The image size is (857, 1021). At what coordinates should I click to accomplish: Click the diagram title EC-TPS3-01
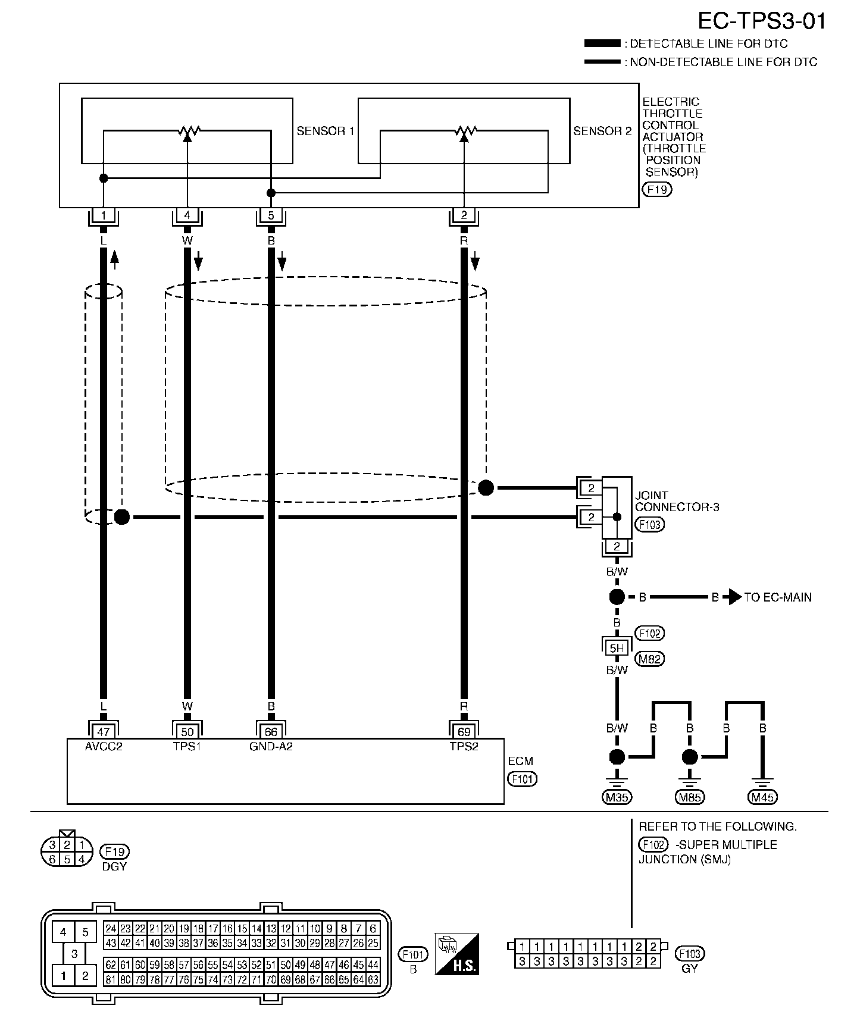[x=762, y=22]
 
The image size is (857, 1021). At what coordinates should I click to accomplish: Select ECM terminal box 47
[x=104, y=731]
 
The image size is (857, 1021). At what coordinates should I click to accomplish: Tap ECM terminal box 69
[x=464, y=731]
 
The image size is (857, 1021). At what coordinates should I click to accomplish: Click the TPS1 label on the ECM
[x=187, y=746]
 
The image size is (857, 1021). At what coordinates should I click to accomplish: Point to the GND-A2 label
[x=271, y=746]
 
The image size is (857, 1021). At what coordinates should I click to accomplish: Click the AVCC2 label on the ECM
[x=104, y=746]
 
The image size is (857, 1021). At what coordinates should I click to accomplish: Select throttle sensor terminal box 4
[x=187, y=215]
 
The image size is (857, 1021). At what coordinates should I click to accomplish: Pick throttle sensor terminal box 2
[x=464, y=215]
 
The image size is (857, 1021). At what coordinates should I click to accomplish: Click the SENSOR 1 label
[x=326, y=131]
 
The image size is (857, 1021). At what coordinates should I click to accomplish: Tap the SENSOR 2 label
[x=602, y=131]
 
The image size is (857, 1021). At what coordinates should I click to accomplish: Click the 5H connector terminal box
[x=617, y=648]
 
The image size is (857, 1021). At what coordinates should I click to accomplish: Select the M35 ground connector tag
[x=617, y=797]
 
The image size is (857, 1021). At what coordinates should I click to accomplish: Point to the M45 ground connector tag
[x=763, y=797]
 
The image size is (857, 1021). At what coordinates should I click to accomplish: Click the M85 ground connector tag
[x=690, y=797]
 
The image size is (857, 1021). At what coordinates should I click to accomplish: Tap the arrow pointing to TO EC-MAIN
[x=734, y=597]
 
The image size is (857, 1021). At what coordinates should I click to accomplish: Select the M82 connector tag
[x=650, y=659]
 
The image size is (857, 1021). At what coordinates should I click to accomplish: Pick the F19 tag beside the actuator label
[x=656, y=190]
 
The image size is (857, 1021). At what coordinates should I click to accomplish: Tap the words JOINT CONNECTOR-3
[x=677, y=501]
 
